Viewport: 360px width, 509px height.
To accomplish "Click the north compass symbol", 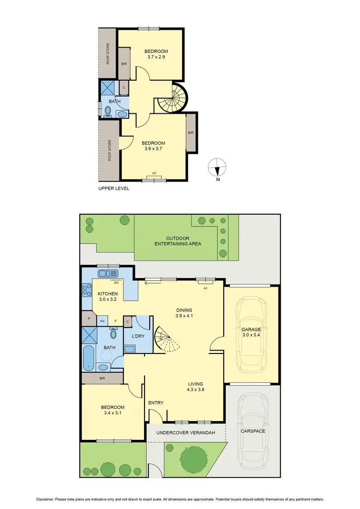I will point(217,169).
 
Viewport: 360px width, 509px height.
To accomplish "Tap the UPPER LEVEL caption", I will point(114,189).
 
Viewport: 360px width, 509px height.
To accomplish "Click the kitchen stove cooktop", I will point(88,290).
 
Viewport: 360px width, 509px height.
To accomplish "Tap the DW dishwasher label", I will point(116,283).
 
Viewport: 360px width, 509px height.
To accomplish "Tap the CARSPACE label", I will point(253,431).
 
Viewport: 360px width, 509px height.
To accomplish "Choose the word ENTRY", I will point(156,403).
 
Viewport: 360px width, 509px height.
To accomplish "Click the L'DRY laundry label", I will point(138,336).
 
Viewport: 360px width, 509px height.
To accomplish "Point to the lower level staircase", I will point(165,339).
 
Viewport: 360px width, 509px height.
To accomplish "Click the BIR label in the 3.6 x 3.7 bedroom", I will point(191,133).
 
